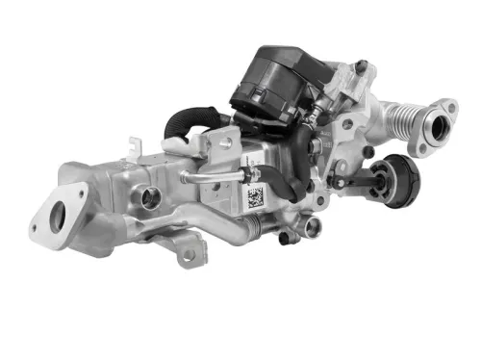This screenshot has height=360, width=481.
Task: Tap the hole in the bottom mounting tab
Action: (189, 254)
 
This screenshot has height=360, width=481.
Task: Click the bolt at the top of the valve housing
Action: (360, 66)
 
